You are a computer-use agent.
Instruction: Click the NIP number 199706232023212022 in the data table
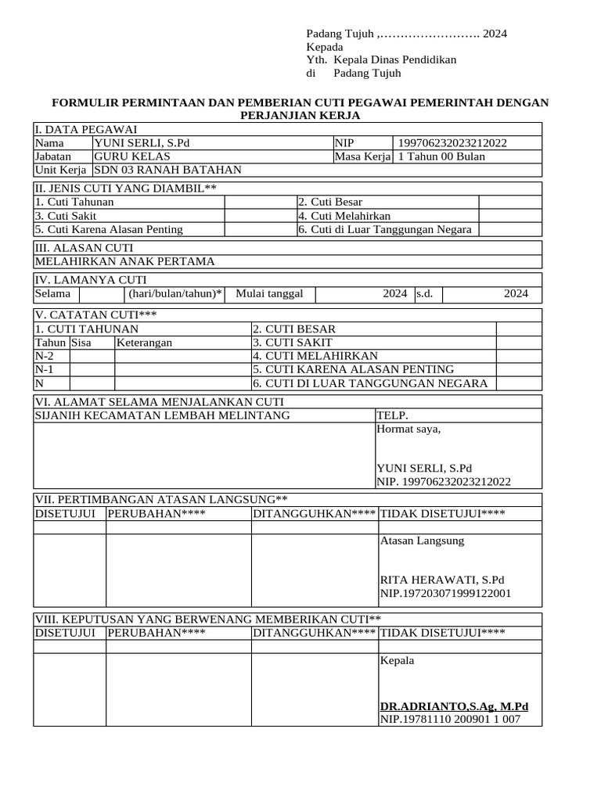452,143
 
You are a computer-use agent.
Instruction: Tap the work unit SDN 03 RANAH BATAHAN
167,170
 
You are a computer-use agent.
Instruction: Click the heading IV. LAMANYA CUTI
91,280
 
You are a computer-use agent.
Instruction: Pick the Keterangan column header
144,343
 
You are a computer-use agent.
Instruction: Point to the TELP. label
392,415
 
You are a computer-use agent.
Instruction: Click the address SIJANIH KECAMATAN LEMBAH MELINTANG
162,415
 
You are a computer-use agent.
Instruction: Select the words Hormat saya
408,429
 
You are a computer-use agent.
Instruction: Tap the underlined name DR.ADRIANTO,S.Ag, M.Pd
454,706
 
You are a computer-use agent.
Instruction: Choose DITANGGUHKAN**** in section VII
314,513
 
